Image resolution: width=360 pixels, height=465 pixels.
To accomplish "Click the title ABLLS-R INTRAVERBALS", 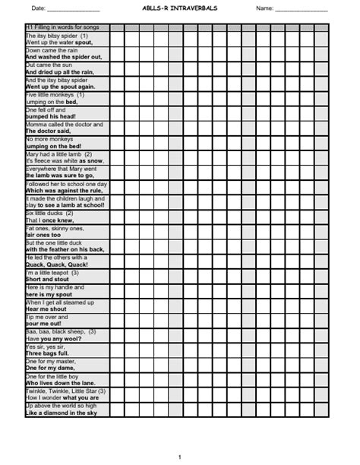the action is coord(178,8).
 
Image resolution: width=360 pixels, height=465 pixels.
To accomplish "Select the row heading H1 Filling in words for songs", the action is coord(63,27).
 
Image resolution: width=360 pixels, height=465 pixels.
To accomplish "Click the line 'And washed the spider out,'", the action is coord(64,57).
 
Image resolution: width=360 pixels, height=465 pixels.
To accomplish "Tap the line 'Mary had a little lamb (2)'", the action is coord(58,153).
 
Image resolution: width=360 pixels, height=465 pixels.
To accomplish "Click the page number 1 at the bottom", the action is coord(179,457).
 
